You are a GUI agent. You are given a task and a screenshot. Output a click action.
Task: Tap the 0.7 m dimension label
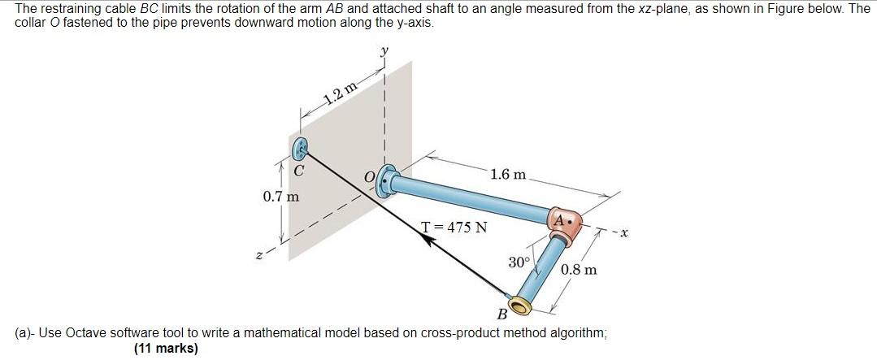pyautogui.click(x=281, y=196)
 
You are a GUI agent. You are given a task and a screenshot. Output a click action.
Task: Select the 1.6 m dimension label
pyautogui.click(x=508, y=175)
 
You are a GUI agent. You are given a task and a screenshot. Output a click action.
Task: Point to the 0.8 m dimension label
pyautogui.click(x=579, y=269)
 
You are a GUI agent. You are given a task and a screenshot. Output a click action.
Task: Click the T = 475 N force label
pyautogui.click(x=454, y=228)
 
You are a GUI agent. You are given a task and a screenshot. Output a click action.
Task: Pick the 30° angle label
pyautogui.click(x=519, y=262)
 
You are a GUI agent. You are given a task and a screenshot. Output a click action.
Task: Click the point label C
pyautogui.click(x=299, y=171)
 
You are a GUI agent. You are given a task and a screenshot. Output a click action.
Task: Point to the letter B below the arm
pyautogui.click(x=501, y=314)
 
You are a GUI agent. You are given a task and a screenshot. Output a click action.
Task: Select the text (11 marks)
pyautogui.click(x=166, y=349)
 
